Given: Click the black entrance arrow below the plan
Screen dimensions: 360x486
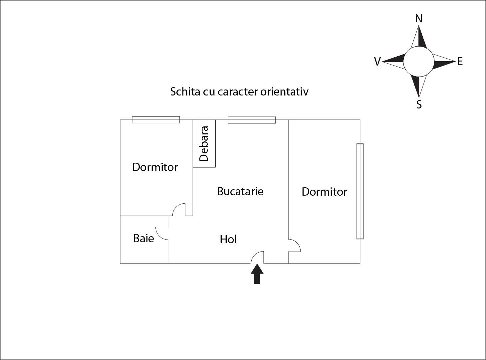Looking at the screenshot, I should tap(257, 274).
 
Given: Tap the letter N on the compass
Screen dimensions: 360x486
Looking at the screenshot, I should tap(419, 19).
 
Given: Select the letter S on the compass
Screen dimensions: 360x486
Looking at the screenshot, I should tap(419, 104).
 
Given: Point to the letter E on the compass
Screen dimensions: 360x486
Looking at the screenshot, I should tap(460, 62).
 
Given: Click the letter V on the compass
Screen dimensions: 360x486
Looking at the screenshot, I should tap(377, 62).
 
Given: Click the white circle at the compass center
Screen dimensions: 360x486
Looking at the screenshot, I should tap(419, 62).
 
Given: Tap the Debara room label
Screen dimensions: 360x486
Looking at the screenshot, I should tap(204, 144).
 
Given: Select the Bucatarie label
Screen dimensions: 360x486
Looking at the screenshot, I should tap(240, 191).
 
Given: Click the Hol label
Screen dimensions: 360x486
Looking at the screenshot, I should tap(228, 239).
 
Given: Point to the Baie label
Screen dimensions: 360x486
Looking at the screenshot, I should tap(143, 238).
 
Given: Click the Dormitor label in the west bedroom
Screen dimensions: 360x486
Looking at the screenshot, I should tap(155, 167).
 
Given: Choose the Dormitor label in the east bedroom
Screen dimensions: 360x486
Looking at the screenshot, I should tap(324, 192).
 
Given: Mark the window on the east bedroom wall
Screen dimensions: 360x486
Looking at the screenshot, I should tap(360, 191).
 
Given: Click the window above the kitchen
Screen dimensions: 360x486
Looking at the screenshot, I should tap(252, 120).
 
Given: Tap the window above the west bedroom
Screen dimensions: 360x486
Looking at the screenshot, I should tap(156, 120).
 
